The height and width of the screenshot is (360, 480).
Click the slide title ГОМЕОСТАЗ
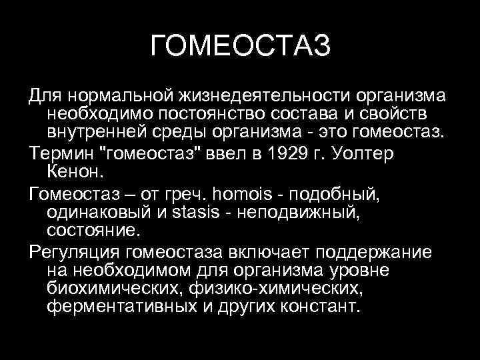pos(240,47)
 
